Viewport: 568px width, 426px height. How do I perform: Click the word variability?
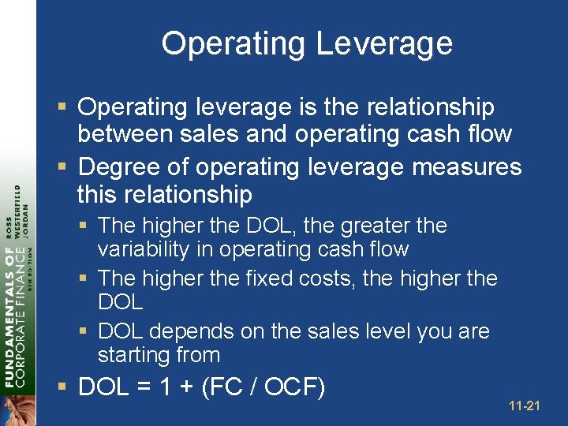click(x=144, y=250)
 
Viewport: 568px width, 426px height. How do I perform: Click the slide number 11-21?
click(x=525, y=406)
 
